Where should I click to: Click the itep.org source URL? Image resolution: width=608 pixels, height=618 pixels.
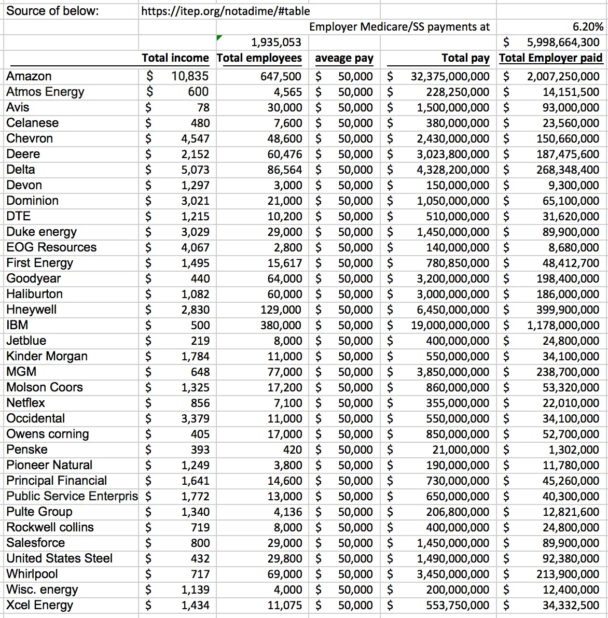tap(225, 11)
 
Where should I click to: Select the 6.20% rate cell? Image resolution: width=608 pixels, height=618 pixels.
tap(589, 27)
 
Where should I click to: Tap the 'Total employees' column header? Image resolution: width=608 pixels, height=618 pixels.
tap(259, 58)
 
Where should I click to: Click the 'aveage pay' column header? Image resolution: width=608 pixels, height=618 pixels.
tap(344, 58)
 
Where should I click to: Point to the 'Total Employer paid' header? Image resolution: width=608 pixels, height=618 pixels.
tap(550, 58)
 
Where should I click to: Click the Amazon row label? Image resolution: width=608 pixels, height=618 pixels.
tap(29, 76)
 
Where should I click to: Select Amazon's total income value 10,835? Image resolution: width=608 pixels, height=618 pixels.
tap(190, 76)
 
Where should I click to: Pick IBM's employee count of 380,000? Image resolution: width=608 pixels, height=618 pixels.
tap(281, 325)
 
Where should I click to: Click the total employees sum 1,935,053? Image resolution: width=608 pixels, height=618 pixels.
tap(275, 43)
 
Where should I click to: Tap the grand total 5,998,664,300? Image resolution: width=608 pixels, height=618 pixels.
tap(563, 43)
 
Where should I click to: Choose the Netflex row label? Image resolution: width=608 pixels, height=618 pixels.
tap(25, 403)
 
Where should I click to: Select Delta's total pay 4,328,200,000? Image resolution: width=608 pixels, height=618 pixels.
tap(452, 170)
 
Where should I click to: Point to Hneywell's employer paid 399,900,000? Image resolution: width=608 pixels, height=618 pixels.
tap(568, 310)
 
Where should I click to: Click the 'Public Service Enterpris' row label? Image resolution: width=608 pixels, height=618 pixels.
tap(72, 496)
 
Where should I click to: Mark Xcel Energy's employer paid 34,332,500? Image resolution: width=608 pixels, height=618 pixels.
tap(571, 605)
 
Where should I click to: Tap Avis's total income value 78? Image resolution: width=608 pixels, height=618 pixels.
tap(203, 107)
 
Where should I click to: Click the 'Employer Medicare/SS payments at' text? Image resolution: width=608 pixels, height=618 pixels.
tap(399, 27)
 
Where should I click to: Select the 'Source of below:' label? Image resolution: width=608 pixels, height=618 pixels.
tap(52, 11)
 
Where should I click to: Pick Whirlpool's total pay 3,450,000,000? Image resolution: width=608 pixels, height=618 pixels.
tap(452, 574)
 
